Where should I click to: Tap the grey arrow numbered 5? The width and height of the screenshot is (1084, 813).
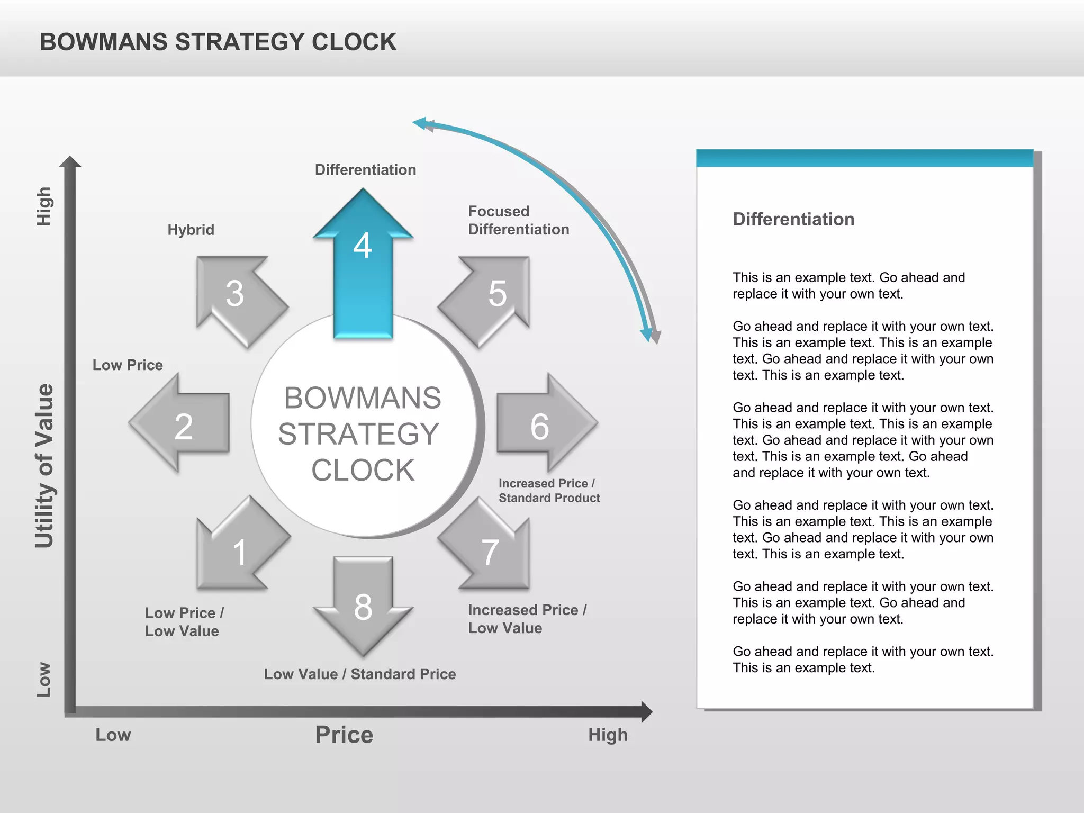click(x=490, y=296)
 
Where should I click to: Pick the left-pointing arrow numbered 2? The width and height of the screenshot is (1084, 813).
click(x=183, y=423)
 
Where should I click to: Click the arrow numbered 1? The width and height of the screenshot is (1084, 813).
click(x=238, y=548)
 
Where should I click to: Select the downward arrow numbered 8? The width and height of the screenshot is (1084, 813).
click(x=363, y=603)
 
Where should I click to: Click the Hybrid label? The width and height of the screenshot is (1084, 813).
click(x=191, y=230)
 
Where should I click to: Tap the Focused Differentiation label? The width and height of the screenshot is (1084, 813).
click(x=519, y=220)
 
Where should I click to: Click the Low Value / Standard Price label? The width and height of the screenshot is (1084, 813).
click(x=360, y=674)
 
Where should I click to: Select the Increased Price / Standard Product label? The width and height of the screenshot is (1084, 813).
click(x=549, y=491)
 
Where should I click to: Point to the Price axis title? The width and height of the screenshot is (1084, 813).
click(x=344, y=735)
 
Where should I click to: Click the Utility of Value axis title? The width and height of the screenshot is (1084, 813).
click(x=44, y=466)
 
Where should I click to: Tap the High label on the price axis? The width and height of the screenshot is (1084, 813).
click(x=608, y=735)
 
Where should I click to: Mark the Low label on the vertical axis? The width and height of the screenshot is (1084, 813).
click(x=43, y=680)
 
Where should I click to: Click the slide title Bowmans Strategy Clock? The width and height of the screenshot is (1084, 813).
click(x=218, y=42)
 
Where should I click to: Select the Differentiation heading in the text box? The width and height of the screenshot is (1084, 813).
click(x=793, y=219)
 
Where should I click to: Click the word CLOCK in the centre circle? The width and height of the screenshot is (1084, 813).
click(x=363, y=470)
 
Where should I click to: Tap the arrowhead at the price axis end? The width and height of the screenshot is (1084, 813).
click(x=646, y=712)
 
